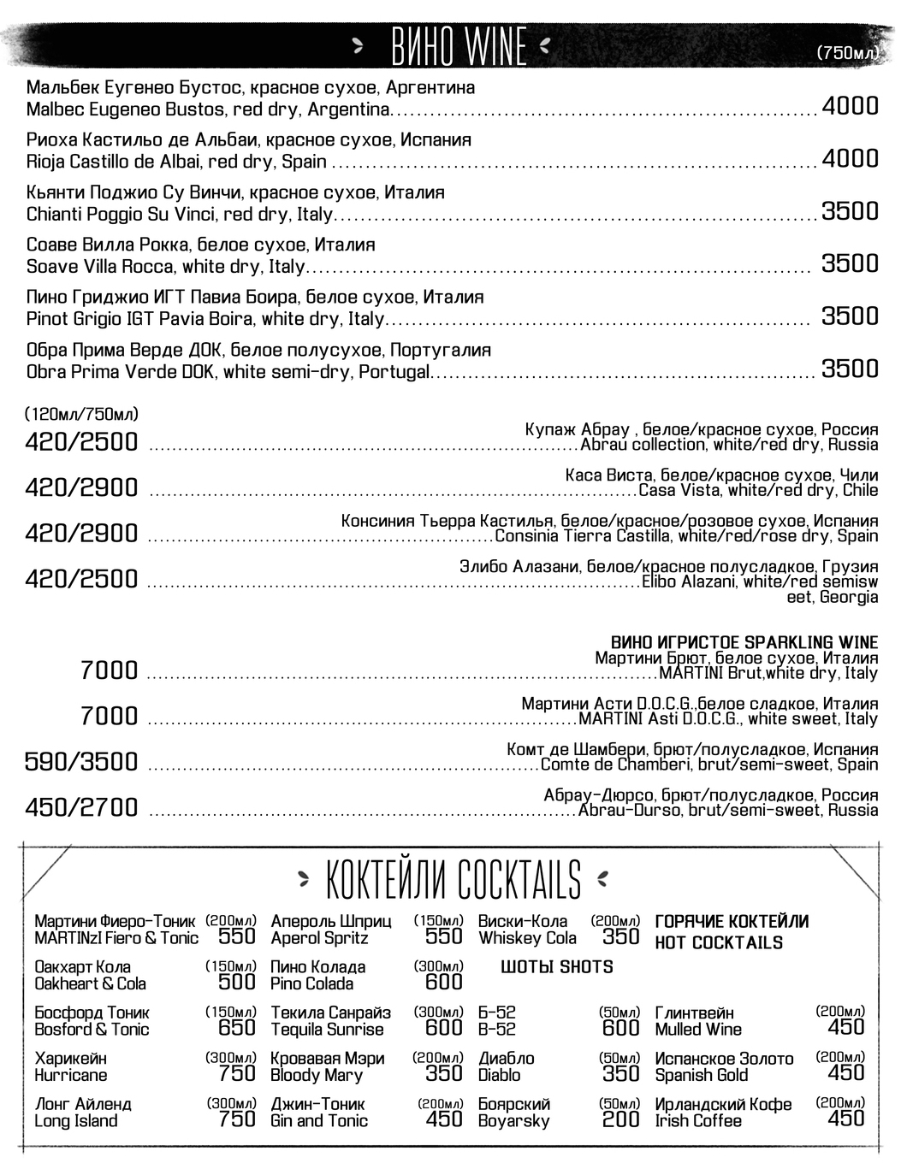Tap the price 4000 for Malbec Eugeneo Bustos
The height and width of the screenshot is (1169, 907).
(850, 106)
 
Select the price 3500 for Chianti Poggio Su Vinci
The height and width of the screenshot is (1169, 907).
(850, 211)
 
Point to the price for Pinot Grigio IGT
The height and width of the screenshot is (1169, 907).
(850, 316)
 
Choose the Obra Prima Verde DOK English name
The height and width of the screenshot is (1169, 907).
(228, 373)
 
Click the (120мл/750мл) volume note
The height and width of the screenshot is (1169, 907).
(81, 415)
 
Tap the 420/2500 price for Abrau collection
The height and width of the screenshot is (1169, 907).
(81, 442)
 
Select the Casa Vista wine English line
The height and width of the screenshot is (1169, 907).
(758, 491)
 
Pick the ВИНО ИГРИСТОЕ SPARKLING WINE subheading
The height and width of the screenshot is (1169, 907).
(744, 642)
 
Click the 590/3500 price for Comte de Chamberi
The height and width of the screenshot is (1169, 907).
(81, 762)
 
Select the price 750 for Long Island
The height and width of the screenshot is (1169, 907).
(237, 1119)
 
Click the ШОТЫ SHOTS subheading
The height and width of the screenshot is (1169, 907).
(557, 967)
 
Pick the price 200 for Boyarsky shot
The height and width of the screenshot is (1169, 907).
(620, 1119)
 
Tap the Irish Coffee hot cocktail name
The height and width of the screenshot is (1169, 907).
(698, 1121)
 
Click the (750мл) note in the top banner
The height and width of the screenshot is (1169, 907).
(848, 53)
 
